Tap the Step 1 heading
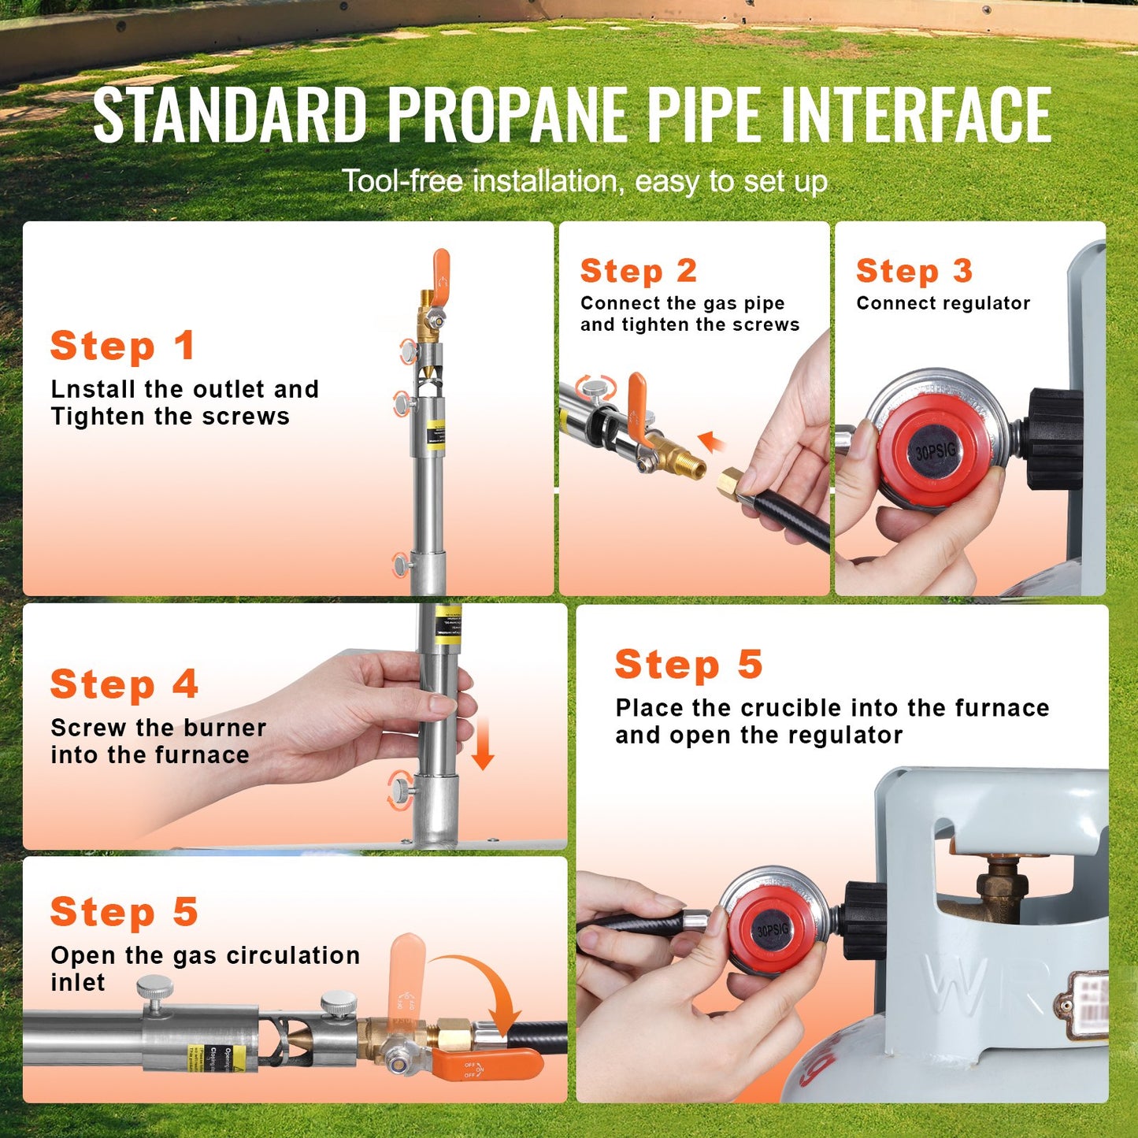point(123,347)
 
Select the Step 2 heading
point(638,271)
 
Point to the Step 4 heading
point(124,684)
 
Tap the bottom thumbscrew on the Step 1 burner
point(402,565)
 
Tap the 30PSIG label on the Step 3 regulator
point(935,452)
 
